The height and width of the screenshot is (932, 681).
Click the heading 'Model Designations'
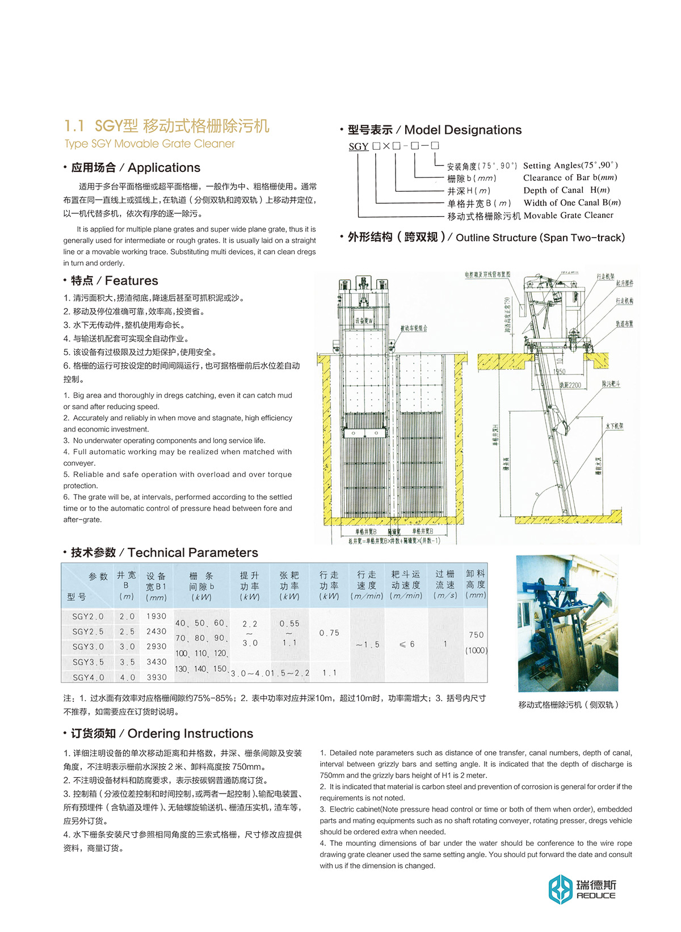[x=463, y=130]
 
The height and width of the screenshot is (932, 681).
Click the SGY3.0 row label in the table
[x=88, y=647]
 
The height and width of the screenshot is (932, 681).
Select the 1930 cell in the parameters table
[x=156, y=616]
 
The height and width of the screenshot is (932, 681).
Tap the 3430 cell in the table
[x=156, y=662]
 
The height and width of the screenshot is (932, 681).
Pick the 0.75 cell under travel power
[x=329, y=633]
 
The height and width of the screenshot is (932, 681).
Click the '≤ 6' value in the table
[x=407, y=644]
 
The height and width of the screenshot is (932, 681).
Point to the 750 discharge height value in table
[x=476, y=635]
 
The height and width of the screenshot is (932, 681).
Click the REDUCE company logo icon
[x=560, y=889]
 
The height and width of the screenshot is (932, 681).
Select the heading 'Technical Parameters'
[x=192, y=553]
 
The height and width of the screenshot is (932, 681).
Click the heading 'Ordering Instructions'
[x=190, y=733]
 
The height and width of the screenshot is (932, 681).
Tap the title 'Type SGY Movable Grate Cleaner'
[x=150, y=144]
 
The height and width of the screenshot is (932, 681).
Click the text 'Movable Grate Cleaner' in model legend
[x=568, y=216]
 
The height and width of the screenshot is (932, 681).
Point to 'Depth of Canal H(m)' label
[x=566, y=190]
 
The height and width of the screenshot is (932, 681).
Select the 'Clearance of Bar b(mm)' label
[x=570, y=178]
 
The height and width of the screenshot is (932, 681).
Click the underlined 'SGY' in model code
[x=359, y=146]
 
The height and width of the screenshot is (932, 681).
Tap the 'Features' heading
[x=131, y=281]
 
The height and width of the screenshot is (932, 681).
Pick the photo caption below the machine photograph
[x=568, y=705]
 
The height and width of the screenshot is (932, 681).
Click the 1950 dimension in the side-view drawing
[x=559, y=372]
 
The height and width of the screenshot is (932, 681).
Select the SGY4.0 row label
[x=88, y=677]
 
